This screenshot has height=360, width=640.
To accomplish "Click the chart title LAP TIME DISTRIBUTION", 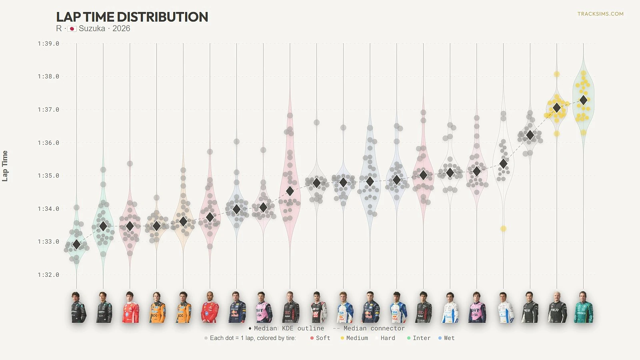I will (132, 17).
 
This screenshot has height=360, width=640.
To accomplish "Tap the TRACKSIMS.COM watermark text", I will (600, 14).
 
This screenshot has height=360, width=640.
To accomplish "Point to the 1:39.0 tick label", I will (48, 44).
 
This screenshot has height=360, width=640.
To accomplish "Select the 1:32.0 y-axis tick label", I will (48, 275).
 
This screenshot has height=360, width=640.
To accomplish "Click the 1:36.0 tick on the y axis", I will (48, 143).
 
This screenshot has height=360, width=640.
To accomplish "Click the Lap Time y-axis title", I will (5, 166).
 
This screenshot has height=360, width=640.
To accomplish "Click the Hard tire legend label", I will (388, 338).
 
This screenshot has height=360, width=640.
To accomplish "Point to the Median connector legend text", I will (374, 328).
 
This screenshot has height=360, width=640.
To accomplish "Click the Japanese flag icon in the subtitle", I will (72, 29).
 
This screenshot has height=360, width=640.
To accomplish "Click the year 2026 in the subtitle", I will (121, 29).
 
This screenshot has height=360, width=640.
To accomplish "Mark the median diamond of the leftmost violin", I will (77, 244).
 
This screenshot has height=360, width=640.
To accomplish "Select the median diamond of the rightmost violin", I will (584, 100).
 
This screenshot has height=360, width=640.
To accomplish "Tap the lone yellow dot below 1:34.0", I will (503, 229).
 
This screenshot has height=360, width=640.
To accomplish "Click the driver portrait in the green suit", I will (584, 307).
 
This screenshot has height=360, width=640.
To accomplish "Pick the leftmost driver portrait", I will (78, 307).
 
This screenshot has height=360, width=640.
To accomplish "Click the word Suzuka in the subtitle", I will (92, 29).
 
